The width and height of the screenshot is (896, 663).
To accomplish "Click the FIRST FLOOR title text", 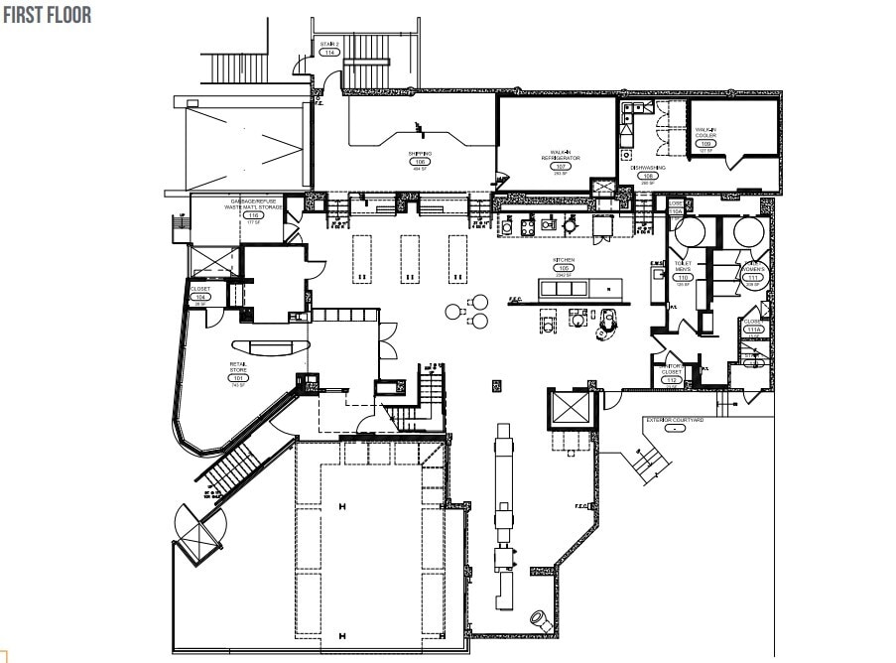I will [x=47, y=16].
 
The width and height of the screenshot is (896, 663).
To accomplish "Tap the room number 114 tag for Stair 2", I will [x=329, y=53].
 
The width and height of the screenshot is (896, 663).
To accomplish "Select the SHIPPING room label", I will [x=420, y=154].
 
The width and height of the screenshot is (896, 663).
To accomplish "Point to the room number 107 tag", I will [x=560, y=166].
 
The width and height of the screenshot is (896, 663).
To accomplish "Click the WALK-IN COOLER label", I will [x=705, y=133].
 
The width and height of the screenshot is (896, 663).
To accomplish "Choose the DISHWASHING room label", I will [x=648, y=168].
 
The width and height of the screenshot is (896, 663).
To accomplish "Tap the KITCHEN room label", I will [x=564, y=260].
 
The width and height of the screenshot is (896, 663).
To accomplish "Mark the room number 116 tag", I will [x=254, y=215].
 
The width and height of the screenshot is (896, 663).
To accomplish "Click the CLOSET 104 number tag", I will [x=200, y=297].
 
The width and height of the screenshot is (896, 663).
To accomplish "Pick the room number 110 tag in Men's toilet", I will [x=683, y=277].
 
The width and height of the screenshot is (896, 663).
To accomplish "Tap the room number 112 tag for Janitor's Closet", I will [x=672, y=380].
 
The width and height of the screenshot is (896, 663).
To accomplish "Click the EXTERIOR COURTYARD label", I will [x=675, y=420].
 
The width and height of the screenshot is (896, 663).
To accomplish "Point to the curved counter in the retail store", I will [x=269, y=346].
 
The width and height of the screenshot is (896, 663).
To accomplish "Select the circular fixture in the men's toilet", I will [x=691, y=231].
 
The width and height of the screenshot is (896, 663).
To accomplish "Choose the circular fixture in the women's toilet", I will [x=747, y=231].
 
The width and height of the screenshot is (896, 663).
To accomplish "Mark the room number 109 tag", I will [x=705, y=144].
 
